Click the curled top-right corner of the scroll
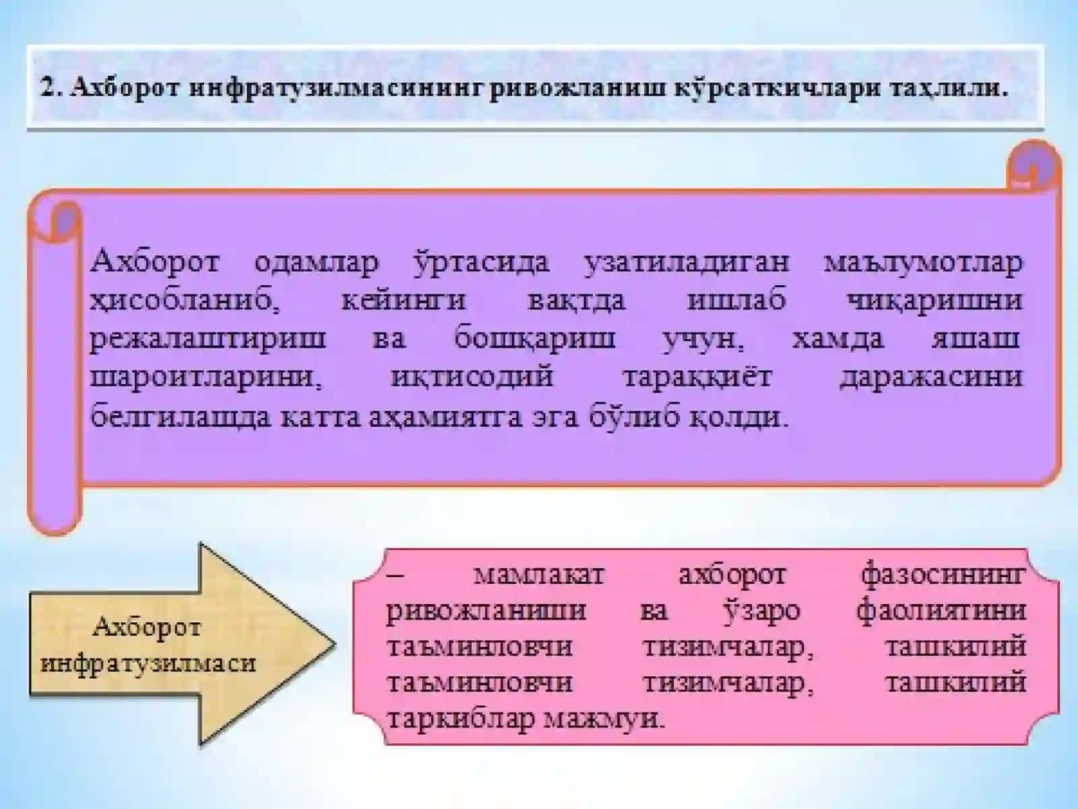pos(1033,164)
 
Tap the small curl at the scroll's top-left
pos(59,221)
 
